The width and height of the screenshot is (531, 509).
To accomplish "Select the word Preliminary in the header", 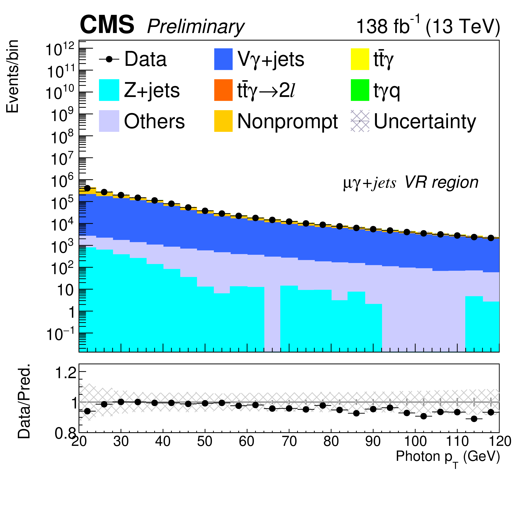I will (196, 27).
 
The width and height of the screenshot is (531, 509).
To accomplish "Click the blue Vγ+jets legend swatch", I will (223, 59).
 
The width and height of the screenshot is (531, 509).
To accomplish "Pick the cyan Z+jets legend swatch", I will (109, 90).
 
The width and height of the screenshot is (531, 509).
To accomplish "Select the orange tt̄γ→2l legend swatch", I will (223, 90).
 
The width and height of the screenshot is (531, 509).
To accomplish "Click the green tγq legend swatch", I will (360, 90).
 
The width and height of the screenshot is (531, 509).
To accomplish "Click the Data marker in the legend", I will (109, 59).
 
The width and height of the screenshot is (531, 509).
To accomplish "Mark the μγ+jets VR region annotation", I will (411, 183).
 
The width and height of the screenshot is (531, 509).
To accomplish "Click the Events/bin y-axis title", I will (12, 76).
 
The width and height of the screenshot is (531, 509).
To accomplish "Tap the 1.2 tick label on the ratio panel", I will (66, 373).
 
